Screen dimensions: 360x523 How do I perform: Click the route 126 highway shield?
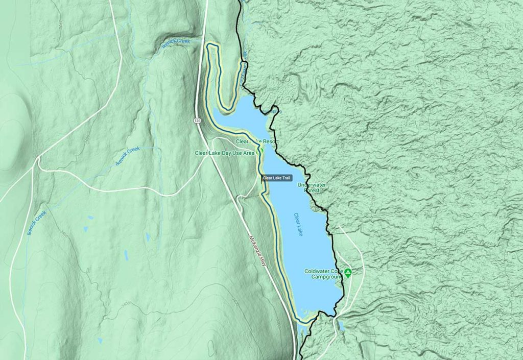click(196, 121)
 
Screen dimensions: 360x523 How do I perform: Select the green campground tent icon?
click(348, 273)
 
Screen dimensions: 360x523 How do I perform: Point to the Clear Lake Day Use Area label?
click(224, 153)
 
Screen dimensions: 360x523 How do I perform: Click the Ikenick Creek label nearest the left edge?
click(36, 222)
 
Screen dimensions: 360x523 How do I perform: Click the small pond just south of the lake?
click(341, 325)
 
